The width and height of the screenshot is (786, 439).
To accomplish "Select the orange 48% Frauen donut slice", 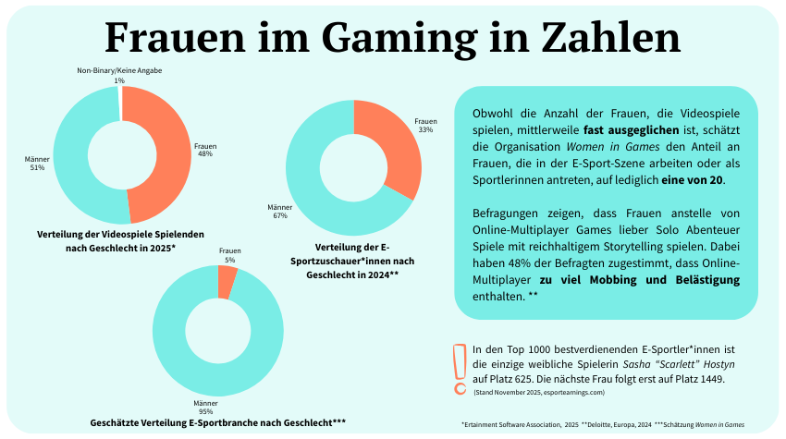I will tap(161, 148).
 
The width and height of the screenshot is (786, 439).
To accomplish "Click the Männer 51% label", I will tap(37, 164).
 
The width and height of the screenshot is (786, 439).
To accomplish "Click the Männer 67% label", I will tap(279, 212).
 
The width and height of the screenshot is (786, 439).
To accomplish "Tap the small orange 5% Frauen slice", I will tap(227, 284).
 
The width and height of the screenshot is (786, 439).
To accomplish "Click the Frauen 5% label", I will tap(228, 256).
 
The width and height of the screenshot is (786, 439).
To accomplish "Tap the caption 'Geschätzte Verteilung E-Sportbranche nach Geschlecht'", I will tap(217, 422).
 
